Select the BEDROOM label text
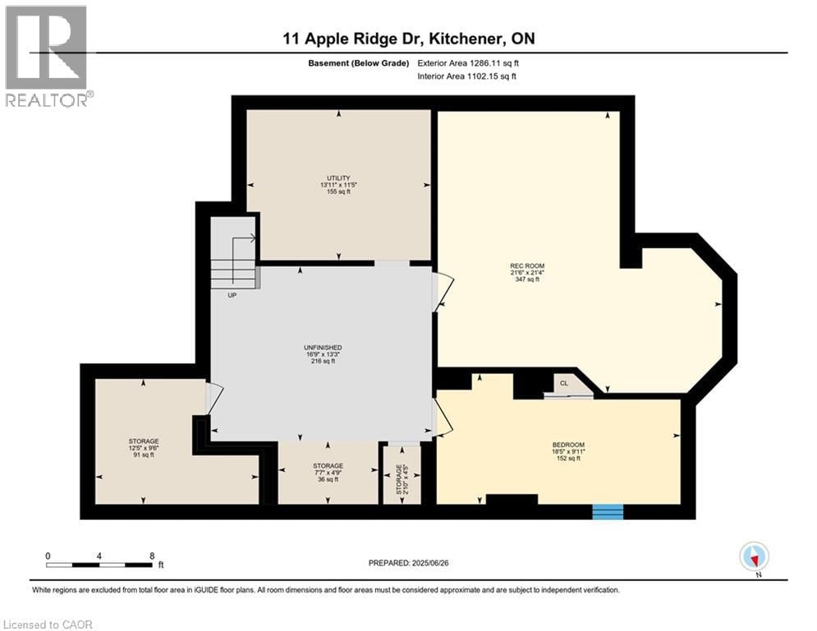(x=566, y=444)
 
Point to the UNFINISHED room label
(x=323, y=348)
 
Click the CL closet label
(x=564, y=383)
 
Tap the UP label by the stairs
(x=232, y=295)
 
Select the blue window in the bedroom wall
(x=608, y=512)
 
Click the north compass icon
(x=753, y=556)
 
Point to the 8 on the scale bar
(x=152, y=555)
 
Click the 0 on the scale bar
(x=48, y=555)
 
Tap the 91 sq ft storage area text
(x=143, y=454)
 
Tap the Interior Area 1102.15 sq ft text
(x=468, y=76)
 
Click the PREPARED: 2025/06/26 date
(x=415, y=563)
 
